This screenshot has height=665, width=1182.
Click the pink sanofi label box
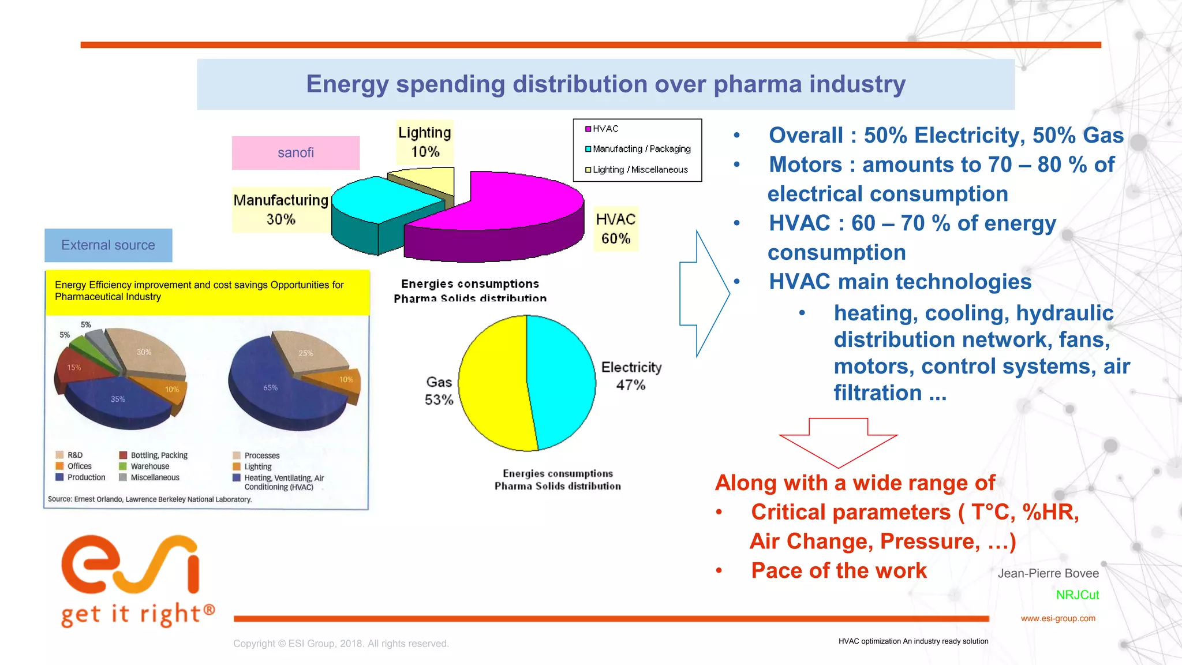[295, 153]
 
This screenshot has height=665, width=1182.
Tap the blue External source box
[108, 245]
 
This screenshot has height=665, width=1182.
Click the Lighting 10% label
[425, 142]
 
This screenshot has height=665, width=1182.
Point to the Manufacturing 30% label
[280, 210]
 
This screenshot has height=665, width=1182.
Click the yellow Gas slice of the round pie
[491, 384]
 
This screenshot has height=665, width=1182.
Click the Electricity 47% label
[631, 376]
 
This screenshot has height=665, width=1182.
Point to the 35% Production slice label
[118, 399]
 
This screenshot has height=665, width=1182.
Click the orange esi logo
[130, 566]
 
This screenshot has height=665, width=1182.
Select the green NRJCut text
[1077, 595]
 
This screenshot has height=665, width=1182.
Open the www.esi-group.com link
[1057, 618]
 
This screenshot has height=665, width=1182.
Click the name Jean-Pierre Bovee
[1048, 573]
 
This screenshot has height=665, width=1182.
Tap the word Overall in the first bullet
[805, 136]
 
